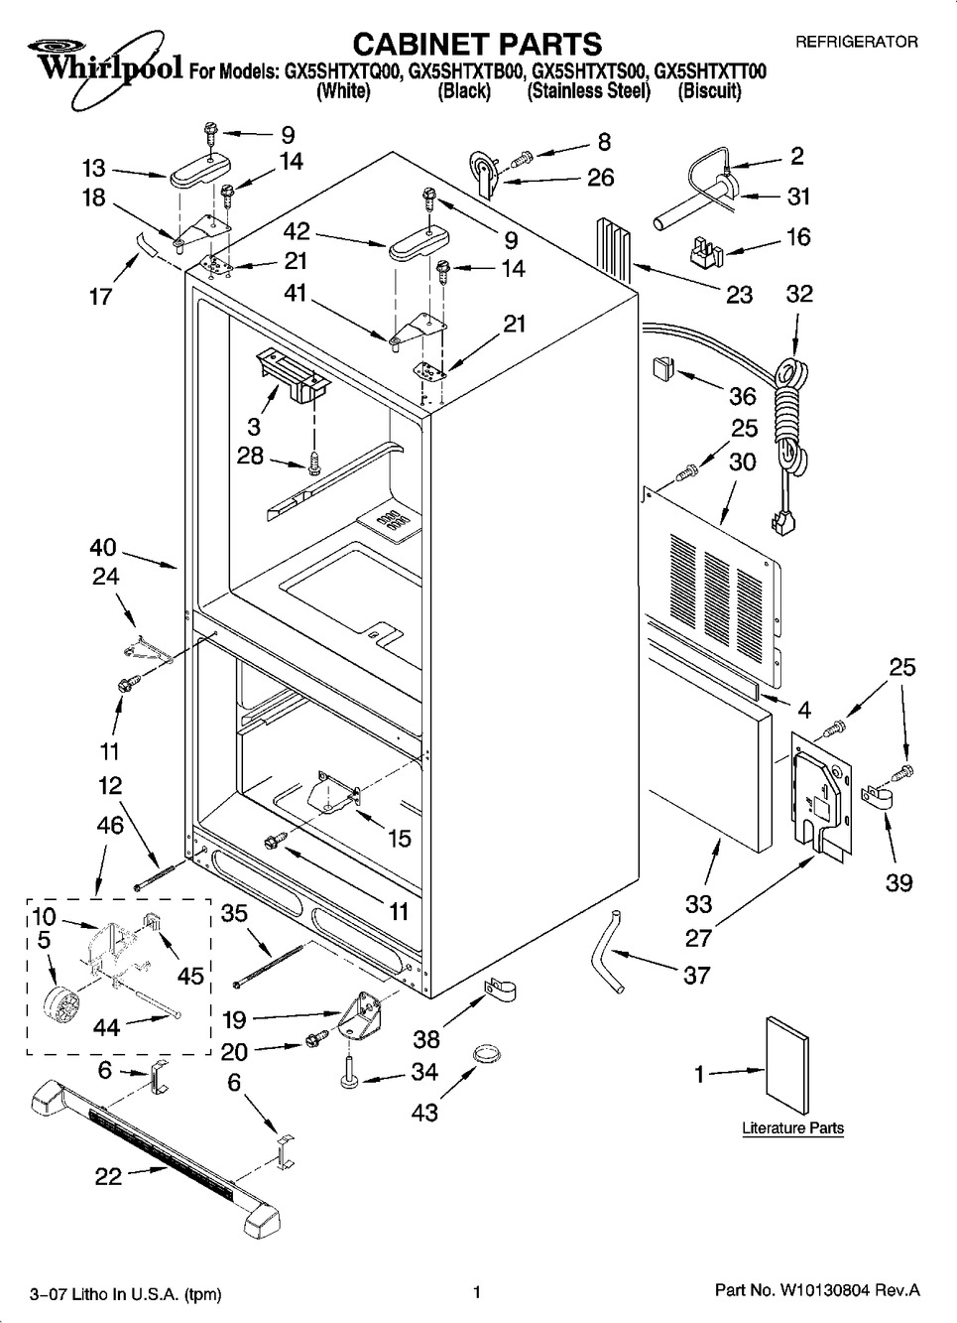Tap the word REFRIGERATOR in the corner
(x=857, y=43)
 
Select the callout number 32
(x=798, y=293)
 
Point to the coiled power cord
(x=790, y=417)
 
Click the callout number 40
(x=103, y=547)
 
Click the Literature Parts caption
(x=792, y=1127)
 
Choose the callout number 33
(x=698, y=903)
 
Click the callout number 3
(x=254, y=426)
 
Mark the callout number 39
(x=898, y=881)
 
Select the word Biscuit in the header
(x=709, y=91)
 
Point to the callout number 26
(x=600, y=178)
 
